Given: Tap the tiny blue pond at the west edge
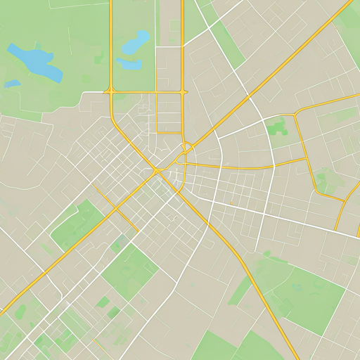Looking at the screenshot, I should point(12,84).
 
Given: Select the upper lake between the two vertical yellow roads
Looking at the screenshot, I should point(136,43).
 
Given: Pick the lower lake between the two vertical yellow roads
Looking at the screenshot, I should point(129,64).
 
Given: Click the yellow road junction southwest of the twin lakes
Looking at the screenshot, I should point(111,91).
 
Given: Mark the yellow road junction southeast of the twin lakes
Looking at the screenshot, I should point(183,91).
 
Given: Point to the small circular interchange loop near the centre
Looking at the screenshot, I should point(186,148).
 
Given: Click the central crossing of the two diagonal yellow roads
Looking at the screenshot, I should point(157,171).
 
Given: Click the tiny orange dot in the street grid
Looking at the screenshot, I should point(231,202).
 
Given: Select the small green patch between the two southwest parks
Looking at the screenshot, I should point(118,244).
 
